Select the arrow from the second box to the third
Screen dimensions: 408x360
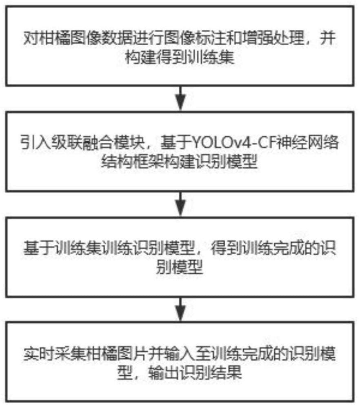[x=180, y=201]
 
